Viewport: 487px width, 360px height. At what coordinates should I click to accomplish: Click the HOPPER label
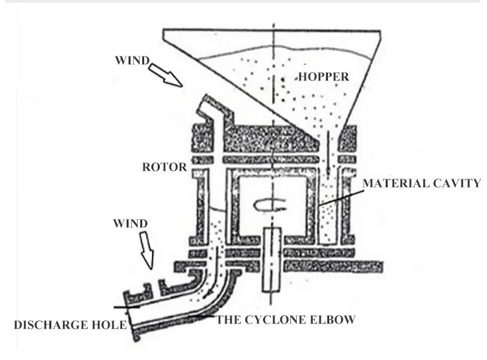[323, 77]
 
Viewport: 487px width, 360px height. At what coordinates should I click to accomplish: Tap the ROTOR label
[164, 167]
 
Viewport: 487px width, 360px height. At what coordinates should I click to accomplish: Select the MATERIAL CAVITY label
[422, 184]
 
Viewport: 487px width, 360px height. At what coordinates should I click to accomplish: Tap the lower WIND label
[131, 224]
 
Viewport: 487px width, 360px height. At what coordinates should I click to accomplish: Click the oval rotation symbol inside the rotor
[267, 205]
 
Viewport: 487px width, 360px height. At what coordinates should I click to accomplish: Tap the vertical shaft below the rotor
[271, 260]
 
